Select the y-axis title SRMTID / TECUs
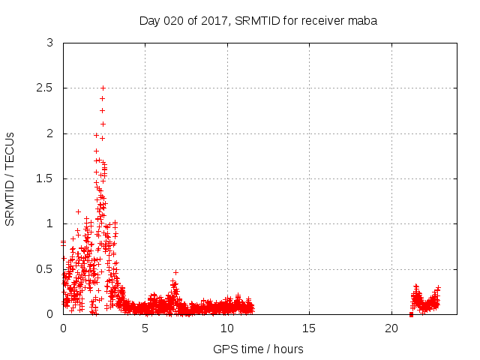pyautogui.click(x=10, y=178)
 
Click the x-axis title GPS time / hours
pyautogui.click(x=258, y=349)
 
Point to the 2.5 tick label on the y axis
pyautogui.click(x=45, y=88)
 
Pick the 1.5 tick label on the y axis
pyautogui.click(x=45, y=178)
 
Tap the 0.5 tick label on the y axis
pyautogui.click(x=45, y=268)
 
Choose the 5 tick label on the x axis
pyautogui.click(x=145, y=328)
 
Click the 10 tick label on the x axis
pyautogui.click(x=226, y=328)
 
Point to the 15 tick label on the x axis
pyautogui.click(x=309, y=328)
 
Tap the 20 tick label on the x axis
pyautogui.click(x=391, y=328)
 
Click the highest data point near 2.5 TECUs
pyautogui.click(x=103, y=88)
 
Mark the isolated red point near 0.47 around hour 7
pyautogui.click(x=175, y=271)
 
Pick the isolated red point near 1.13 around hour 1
pyautogui.click(x=78, y=211)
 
